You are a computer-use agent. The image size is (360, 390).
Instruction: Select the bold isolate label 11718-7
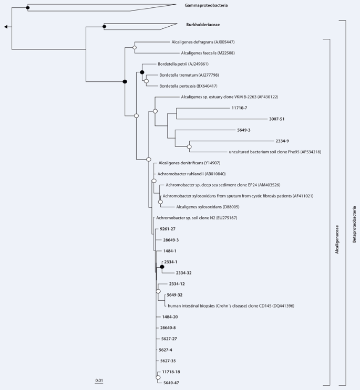(x=239, y=108)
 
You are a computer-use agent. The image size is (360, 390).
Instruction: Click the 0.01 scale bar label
(x=99, y=380)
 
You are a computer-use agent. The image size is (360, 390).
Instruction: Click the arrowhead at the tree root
(x=6, y=27)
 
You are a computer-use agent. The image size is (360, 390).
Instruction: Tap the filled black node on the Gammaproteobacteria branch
(x=27, y=7)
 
